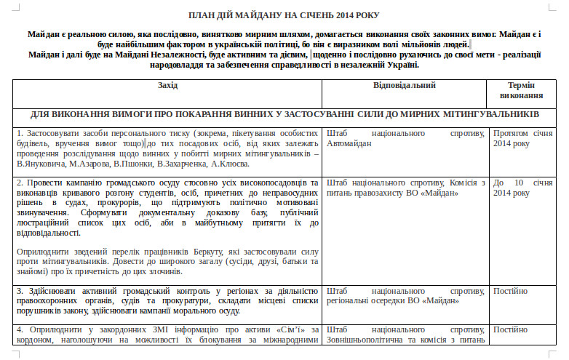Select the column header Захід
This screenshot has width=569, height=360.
pyautogui.click(x=167, y=85)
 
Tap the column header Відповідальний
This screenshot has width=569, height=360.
pyautogui.click(x=405, y=85)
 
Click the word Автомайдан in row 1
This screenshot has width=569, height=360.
pyautogui.click(x=350, y=144)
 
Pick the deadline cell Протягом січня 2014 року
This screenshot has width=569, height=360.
pyautogui.click(x=522, y=139)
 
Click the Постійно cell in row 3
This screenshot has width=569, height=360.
pyautogui.click(x=512, y=290)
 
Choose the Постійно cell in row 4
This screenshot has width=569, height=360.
pyautogui.click(x=512, y=329)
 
